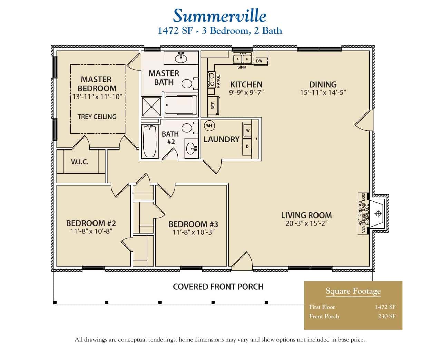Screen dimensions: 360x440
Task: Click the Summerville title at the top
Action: point(219,16)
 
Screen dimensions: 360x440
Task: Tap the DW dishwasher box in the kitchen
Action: point(259,61)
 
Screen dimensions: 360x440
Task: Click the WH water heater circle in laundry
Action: point(209,126)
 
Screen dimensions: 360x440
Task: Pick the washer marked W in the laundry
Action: point(247,131)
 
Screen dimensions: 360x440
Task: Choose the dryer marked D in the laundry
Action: point(247,146)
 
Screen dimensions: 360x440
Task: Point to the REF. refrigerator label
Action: point(213,105)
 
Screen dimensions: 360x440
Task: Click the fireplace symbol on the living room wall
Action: point(378,214)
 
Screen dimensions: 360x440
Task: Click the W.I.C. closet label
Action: point(80,162)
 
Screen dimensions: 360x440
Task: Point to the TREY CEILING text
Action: point(97,117)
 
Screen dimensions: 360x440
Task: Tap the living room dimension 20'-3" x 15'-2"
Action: point(306,223)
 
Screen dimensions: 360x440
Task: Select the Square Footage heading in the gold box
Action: point(353,291)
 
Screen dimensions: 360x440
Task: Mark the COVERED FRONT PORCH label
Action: point(218,287)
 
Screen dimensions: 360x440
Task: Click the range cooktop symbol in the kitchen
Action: point(211,80)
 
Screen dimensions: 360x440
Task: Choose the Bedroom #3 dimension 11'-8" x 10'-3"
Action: point(193,232)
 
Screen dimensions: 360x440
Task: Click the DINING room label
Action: point(323,84)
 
